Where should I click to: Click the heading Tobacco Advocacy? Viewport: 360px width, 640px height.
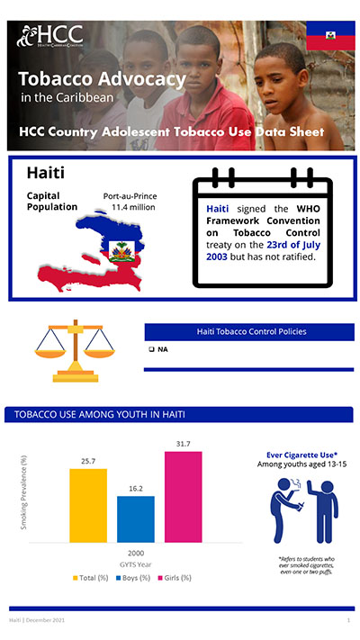point(102,79)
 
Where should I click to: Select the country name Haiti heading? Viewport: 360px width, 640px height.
point(45,172)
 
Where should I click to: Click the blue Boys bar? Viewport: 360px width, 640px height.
point(135,519)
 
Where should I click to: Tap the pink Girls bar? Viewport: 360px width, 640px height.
point(183,497)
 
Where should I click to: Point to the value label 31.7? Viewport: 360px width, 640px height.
point(183,444)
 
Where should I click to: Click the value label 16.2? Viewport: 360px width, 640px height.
point(135,488)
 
